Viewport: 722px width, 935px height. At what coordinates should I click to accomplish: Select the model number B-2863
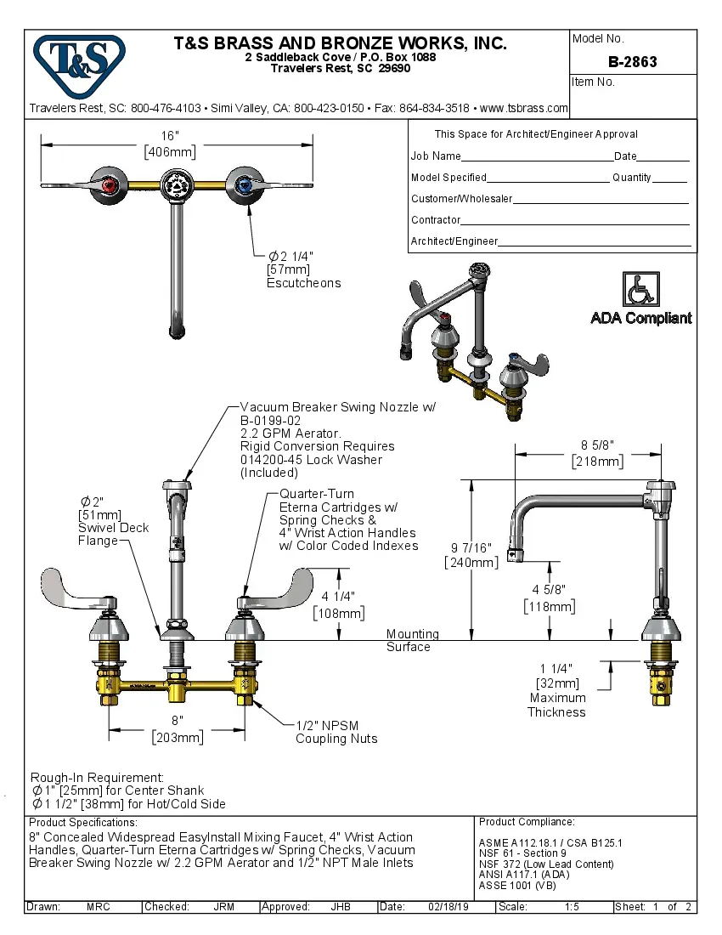point(633,62)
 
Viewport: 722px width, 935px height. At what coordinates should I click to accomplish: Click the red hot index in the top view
point(106,184)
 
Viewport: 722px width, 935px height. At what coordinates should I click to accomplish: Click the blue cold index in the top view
point(245,184)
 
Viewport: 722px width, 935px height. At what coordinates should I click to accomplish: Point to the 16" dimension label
point(171,135)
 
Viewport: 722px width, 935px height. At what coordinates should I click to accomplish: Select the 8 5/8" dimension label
point(598,445)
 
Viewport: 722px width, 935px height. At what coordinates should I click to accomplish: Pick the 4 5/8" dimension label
point(549,589)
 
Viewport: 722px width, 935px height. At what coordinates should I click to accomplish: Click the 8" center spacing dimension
point(177,720)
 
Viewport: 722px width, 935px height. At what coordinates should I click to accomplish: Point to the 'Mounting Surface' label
point(413,640)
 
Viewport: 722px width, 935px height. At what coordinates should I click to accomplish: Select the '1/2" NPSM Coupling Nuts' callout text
point(336,732)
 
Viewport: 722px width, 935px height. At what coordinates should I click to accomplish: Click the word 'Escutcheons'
point(303,283)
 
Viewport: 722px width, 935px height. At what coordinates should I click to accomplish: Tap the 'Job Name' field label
point(436,156)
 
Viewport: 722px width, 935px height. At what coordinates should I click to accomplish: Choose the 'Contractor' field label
point(436,220)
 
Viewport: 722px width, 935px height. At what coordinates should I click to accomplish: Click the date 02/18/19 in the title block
point(449,907)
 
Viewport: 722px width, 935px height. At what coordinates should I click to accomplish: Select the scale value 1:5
point(572,907)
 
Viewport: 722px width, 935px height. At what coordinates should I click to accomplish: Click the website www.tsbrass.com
point(523,108)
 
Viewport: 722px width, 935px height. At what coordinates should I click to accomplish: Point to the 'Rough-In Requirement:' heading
point(97,777)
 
